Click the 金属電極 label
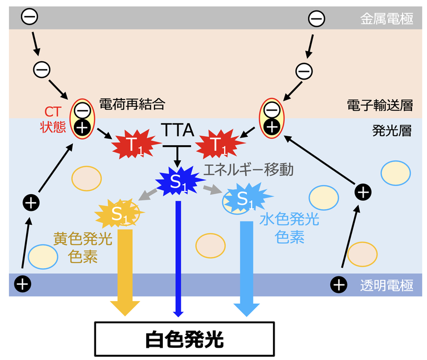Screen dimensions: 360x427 point(386,19)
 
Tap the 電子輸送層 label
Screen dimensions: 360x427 point(379,104)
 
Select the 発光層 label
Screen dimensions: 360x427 point(391,131)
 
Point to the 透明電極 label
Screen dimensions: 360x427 point(386,285)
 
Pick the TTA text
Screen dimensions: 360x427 point(177,131)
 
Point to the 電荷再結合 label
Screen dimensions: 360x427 point(132,103)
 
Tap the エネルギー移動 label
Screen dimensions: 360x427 point(248,169)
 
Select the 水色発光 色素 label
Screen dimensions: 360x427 point(289,228)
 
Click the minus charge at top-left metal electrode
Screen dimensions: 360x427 point(29,17)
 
